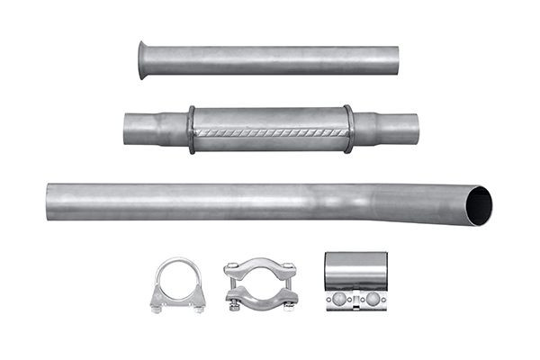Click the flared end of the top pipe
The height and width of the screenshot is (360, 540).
point(144,59)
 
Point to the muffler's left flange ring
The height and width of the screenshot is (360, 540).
point(191,130)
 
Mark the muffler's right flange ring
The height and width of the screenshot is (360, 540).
point(348,130)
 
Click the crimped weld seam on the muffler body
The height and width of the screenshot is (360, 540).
point(270,133)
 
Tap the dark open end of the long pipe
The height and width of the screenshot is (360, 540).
point(480,206)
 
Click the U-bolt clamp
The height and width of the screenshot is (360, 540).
point(177,283)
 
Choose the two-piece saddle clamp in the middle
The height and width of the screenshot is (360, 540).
point(259,284)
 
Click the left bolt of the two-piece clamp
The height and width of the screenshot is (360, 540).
point(232,288)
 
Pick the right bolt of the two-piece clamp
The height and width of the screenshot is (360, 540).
point(289,288)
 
